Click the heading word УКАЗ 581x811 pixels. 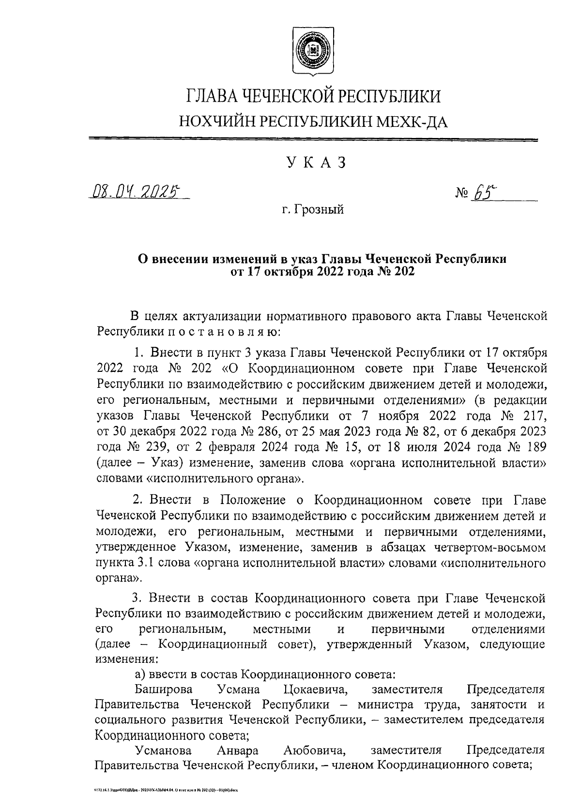[317, 163]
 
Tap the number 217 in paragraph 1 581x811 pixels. [535, 415]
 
